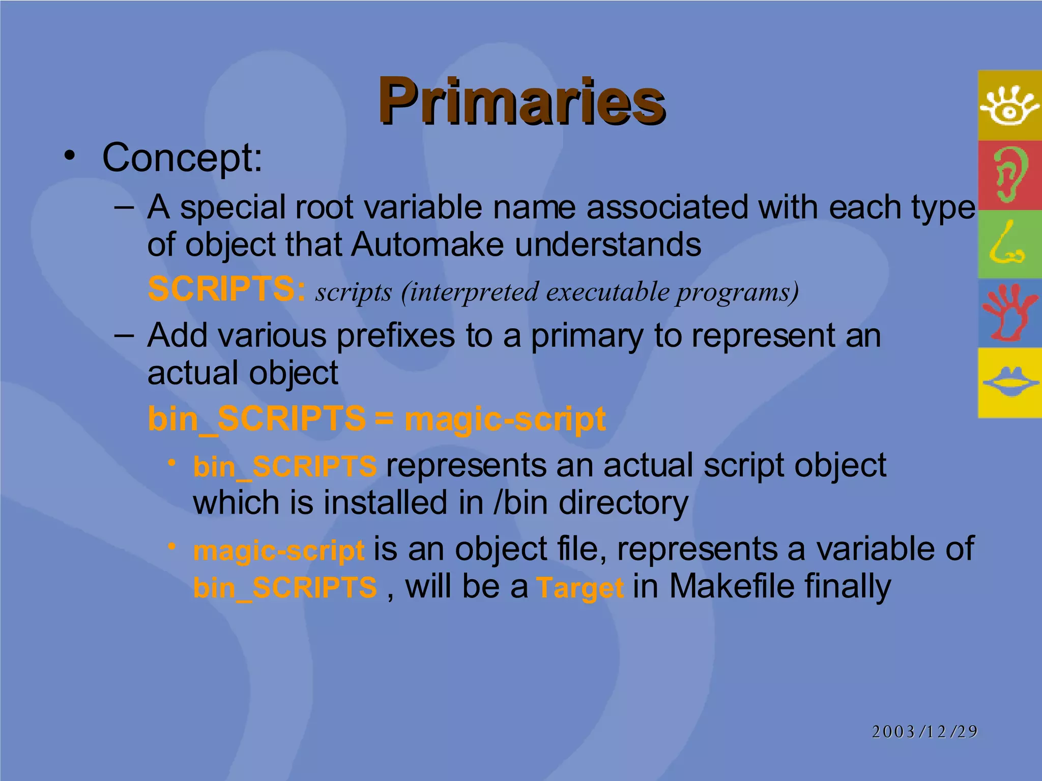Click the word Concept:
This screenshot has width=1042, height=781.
(x=182, y=158)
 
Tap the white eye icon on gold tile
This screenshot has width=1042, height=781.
(x=1009, y=105)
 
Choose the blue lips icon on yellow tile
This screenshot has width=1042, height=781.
(x=1009, y=382)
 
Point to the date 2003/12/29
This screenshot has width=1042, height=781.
(x=924, y=732)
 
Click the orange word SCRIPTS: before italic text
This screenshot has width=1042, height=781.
(x=226, y=289)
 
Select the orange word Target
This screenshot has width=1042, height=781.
(x=580, y=588)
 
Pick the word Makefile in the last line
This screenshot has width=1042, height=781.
(x=732, y=587)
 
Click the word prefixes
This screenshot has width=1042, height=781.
(x=396, y=337)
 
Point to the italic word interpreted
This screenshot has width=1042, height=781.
(x=474, y=292)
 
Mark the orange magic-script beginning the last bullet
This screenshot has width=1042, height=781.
(x=279, y=551)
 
